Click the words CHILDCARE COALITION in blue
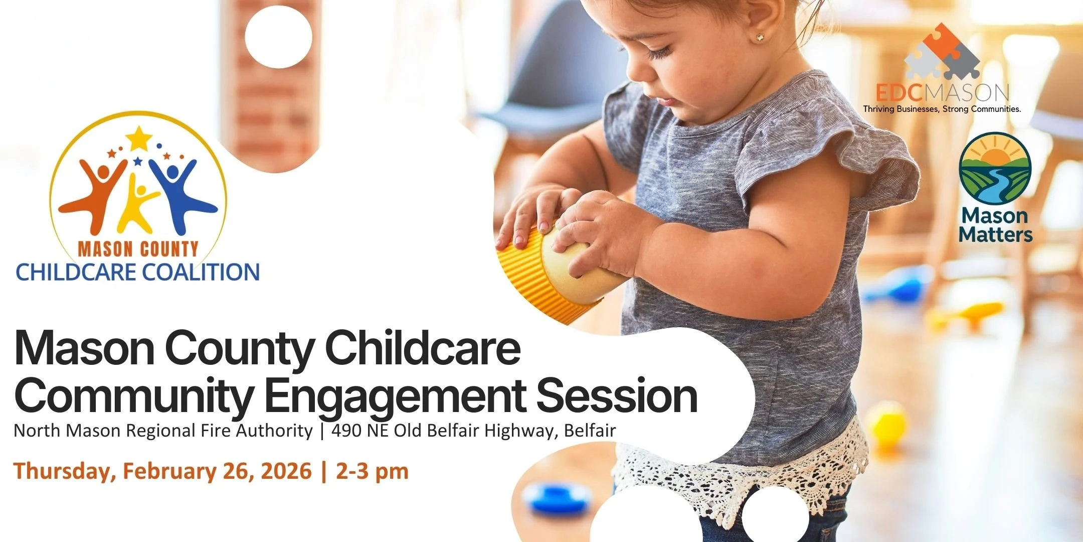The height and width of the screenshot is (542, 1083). [x=138, y=272]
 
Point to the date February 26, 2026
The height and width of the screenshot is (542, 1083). [x=217, y=471]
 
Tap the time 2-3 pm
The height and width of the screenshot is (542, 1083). [x=372, y=471]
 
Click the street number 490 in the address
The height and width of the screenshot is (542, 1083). [x=345, y=431]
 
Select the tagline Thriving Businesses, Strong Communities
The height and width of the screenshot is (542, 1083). [x=942, y=109]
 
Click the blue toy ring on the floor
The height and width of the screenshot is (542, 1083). [x=557, y=497]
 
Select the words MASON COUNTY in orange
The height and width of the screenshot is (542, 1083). [x=138, y=249]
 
